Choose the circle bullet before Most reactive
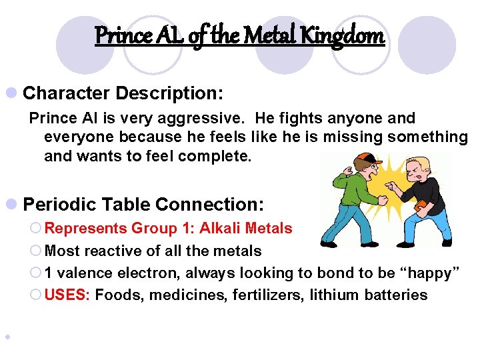coord(37,251)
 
